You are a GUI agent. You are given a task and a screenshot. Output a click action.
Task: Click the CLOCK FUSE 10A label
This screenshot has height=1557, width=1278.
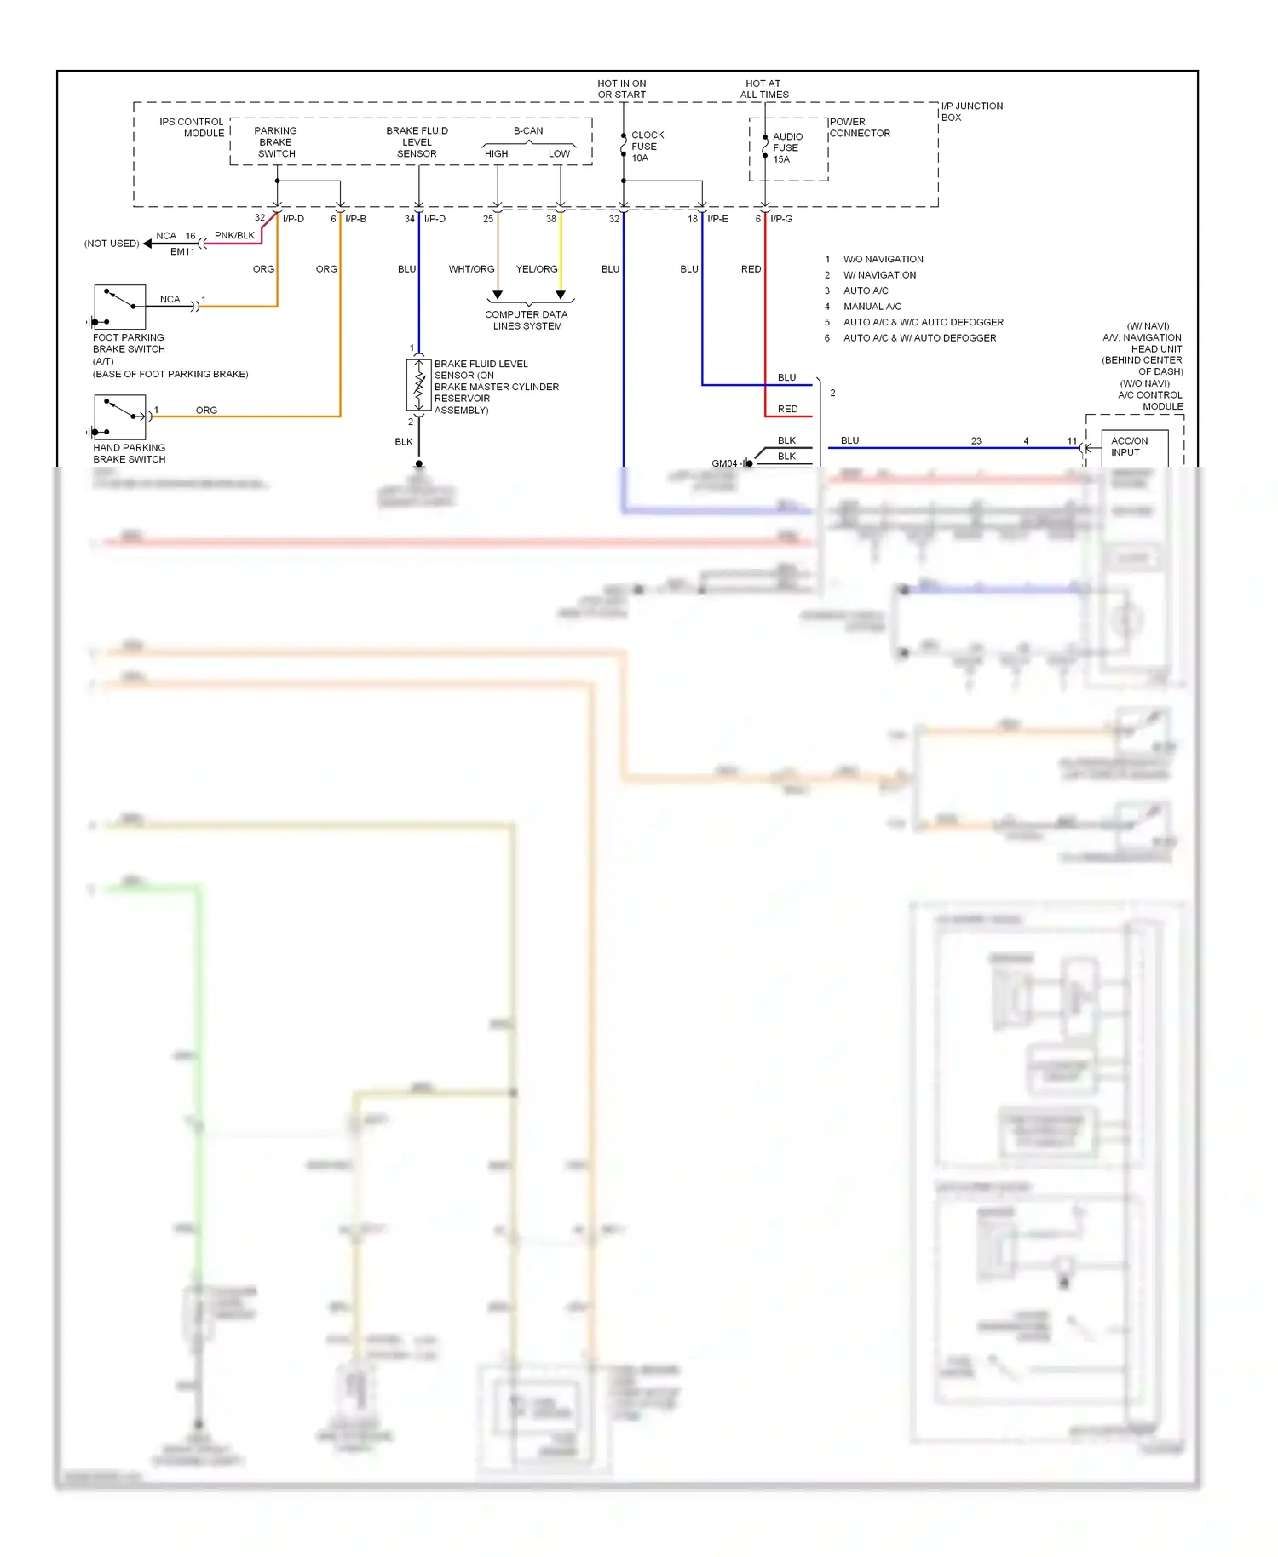tap(647, 147)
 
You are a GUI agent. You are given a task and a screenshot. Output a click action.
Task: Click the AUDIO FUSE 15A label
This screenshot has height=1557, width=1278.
tap(786, 147)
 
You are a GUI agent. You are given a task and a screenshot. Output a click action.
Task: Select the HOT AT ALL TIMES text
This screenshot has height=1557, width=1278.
tap(763, 89)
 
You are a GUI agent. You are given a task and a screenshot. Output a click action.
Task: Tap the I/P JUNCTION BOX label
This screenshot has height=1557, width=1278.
tap(971, 112)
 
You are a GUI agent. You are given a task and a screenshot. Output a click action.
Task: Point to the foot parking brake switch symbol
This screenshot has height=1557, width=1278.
tap(120, 307)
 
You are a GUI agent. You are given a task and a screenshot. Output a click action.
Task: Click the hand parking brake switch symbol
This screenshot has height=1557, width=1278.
tap(120, 417)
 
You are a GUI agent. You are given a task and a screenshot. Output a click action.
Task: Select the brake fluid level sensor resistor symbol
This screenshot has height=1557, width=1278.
tap(418, 386)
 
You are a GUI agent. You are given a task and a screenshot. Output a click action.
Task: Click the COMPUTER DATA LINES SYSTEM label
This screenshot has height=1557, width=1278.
tap(527, 320)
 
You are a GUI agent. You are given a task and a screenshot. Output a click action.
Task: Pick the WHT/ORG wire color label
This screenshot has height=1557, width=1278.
tap(471, 269)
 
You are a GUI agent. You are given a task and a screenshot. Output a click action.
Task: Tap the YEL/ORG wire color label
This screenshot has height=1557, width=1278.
tap(537, 269)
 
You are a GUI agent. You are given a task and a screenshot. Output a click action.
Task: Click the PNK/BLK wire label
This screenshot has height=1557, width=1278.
tap(234, 235)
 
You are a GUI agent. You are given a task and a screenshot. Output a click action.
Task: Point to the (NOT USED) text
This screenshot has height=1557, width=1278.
tap(112, 244)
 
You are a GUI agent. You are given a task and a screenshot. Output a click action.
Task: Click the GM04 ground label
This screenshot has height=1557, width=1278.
tap(724, 463)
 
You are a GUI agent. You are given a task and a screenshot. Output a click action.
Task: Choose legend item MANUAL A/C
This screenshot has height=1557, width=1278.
tap(872, 307)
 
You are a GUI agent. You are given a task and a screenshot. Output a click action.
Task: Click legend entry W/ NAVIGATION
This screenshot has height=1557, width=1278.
tap(879, 275)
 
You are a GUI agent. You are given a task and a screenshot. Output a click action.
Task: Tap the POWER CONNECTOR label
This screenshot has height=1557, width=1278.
tap(859, 128)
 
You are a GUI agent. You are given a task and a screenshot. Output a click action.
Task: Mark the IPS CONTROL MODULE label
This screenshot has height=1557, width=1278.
tap(192, 128)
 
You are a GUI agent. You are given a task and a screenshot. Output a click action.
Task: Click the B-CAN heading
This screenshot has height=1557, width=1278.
tap(528, 130)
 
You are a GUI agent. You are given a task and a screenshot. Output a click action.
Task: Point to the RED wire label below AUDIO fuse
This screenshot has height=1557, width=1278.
tap(751, 269)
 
